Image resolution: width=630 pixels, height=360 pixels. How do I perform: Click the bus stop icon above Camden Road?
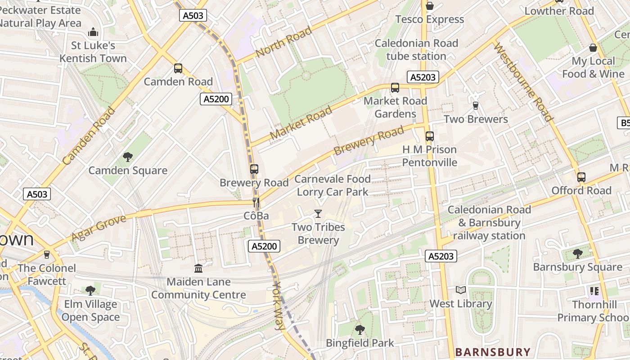[178, 68]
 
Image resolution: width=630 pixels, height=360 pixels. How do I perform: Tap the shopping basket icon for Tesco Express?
[430, 6]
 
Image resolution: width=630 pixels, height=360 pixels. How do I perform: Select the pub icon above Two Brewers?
[476, 106]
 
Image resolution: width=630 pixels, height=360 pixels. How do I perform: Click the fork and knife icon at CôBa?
[256, 202]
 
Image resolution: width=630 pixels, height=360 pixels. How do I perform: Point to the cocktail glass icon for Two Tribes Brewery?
[318, 213]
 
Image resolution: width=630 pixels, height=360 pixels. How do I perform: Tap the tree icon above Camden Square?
[128, 157]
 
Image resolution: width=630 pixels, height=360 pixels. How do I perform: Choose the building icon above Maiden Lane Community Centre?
[198, 269]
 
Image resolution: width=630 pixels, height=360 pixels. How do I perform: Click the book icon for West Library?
[460, 290]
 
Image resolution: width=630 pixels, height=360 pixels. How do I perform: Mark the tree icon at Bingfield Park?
[360, 330]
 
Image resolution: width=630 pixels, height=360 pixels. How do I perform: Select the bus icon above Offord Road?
[581, 177]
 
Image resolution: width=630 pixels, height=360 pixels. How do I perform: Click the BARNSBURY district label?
[493, 352]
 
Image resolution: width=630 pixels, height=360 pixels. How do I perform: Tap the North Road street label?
[283, 42]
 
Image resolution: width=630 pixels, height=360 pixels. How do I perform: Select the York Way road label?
[279, 306]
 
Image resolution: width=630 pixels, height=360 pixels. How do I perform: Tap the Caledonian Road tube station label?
[416, 49]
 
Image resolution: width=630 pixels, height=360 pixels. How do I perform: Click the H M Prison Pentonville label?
[429, 156]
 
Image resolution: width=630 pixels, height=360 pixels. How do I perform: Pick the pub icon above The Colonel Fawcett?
[46, 255]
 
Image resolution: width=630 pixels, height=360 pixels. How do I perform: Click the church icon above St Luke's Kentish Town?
[93, 32]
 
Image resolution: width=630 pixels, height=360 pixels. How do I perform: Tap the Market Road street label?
[301, 123]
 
